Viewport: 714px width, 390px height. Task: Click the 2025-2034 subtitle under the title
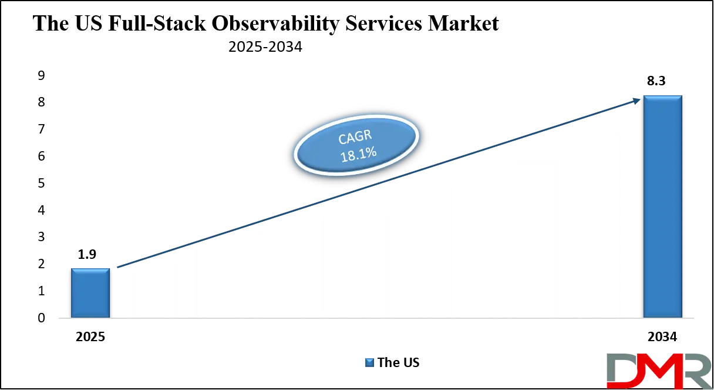point(265,47)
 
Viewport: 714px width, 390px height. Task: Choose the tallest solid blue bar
point(662,206)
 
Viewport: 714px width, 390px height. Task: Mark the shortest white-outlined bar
point(152,288)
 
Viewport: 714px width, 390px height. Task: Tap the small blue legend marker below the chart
point(369,362)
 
